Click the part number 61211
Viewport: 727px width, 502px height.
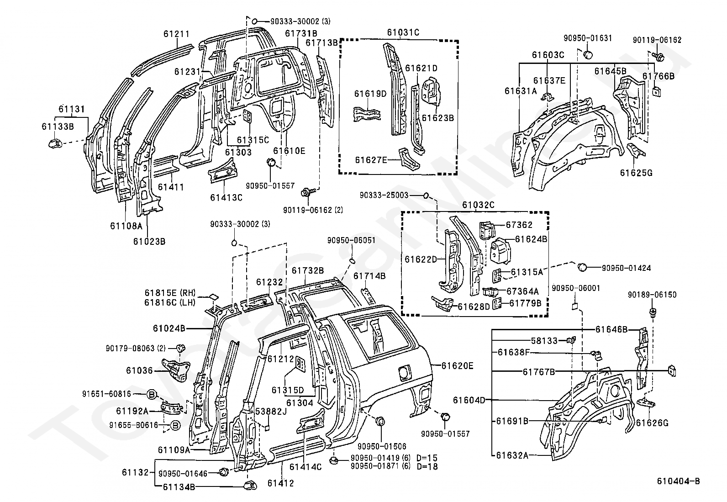click(x=177, y=34)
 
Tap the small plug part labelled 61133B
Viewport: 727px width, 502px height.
click(x=56, y=143)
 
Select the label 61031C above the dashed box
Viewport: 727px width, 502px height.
click(x=403, y=32)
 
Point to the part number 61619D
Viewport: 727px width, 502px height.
click(x=370, y=94)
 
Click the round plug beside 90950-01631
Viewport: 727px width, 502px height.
click(x=588, y=55)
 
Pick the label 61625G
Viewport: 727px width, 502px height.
click(x=636, y=173)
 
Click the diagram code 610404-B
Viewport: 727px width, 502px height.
click(x=678, y=481)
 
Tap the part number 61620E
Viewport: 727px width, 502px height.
click(x=457, y=366)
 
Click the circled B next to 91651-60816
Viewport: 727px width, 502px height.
click(x=152, y=395)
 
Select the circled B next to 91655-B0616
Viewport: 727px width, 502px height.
click(x=175, y=425)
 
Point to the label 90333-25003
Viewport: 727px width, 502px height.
click(x=384, y=195)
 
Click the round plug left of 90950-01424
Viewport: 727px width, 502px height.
click(x=582, y=267)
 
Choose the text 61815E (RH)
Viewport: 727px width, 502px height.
click(x=170, y=293)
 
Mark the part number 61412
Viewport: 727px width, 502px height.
click(x=281, y=483)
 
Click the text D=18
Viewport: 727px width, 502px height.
click(x=427, y=467)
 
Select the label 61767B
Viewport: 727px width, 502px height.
click(x=539, y=372)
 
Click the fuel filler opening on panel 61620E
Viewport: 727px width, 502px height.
click(x=404, y=372)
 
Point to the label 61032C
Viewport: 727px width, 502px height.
click(x=479, y=205)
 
